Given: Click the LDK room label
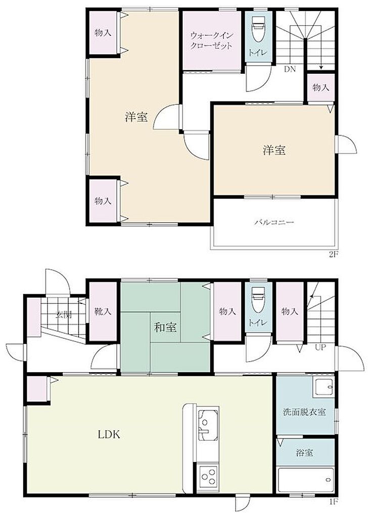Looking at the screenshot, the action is click(109, 434).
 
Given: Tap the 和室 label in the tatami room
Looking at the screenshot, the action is click(165, 327).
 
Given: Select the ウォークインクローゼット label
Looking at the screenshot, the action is click(212, 40).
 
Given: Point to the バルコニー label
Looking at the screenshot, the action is click(274, 222).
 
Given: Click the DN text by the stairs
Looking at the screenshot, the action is click(290, 69).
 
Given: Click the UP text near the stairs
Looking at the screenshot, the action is click(320, 347).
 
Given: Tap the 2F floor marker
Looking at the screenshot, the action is click(332, 254).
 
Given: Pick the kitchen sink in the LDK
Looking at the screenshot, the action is click(208, 425).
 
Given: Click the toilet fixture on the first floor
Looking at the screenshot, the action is click(258, 299).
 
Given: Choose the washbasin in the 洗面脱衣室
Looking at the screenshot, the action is click(323, 387).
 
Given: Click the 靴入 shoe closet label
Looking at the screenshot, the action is click(103, 311).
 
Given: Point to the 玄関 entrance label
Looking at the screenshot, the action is click(63, 314).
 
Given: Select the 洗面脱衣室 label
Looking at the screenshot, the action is click(305, 412).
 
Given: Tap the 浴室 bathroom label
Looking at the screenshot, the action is click(304, 453).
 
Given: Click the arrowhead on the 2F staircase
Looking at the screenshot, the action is click(321, 68).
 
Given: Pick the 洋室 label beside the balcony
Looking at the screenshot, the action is click(274, 150).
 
